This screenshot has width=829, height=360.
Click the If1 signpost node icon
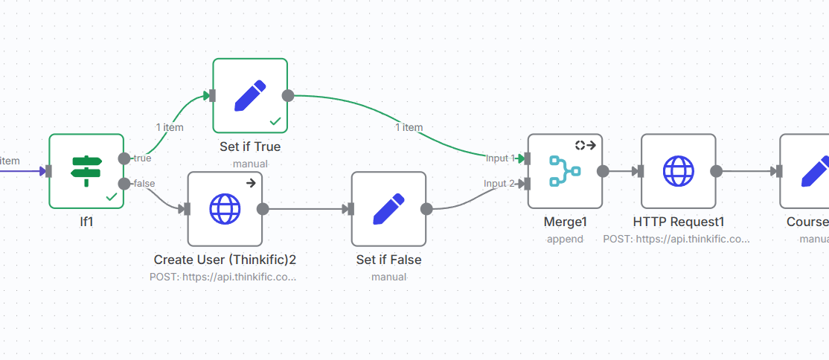86,171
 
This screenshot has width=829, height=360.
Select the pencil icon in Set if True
250,95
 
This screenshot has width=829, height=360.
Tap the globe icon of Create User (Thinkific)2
225,209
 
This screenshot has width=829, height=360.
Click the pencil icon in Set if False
388,209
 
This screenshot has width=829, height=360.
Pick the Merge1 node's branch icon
565,171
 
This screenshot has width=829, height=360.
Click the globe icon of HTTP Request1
678,171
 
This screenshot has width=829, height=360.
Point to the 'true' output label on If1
142,158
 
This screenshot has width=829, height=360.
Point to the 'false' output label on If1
144,184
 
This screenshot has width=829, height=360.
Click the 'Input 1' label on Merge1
500,158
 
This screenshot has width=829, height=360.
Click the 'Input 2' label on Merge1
499,184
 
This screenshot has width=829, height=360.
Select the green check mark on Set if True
275,120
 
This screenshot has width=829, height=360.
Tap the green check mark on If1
112,196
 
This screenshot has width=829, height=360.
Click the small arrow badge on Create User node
251,183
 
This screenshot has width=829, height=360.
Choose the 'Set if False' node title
388,260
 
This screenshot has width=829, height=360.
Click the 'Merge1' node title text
565,222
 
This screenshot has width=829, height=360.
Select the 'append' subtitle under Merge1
565,239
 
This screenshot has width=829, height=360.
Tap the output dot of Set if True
288,95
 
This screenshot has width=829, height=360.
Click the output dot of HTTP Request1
716,171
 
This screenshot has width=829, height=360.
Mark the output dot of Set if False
426,209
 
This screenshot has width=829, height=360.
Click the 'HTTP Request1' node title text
678,222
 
